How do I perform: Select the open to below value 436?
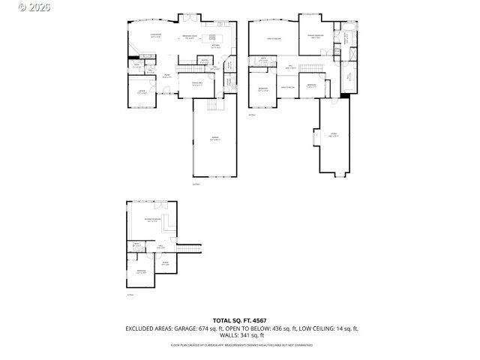pos(280,328)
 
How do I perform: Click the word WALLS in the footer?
pos(229,335)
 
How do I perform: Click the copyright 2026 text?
pos(14,6)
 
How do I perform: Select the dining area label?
pos(197,83)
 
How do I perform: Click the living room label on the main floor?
pos(156,35)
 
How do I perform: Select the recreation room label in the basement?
pos(152,220)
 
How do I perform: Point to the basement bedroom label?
pos(141,272)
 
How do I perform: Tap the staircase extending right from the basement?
pos(191,249)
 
